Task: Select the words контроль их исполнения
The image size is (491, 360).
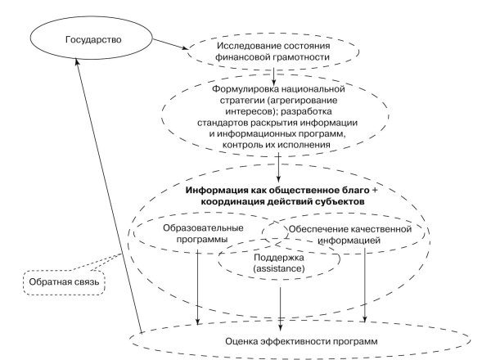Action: coord(281,144)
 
